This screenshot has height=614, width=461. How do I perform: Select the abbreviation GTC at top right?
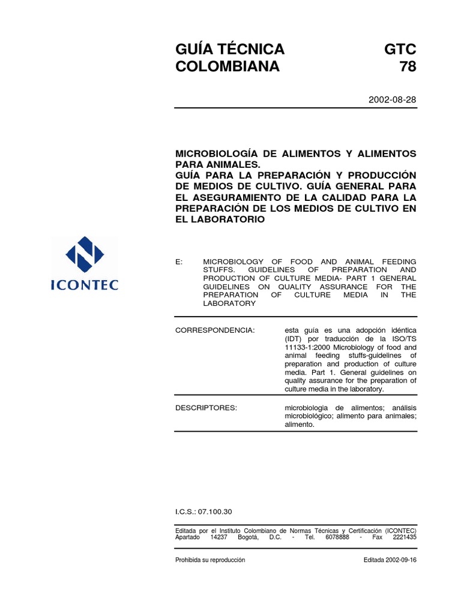point(400,49)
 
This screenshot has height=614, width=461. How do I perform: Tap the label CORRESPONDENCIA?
point(214,330)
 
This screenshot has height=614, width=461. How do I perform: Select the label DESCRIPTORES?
point(206,408)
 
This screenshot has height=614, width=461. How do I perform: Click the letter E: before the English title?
point(178,262)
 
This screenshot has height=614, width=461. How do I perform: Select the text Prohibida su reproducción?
point(210,560)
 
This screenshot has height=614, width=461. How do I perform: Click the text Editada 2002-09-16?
point(390,560)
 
